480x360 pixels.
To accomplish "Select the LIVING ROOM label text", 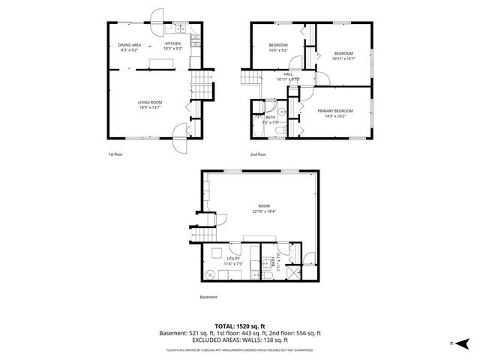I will coord(150,102).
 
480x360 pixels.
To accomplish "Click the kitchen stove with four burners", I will coord(193,43).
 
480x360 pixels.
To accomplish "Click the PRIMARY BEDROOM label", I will coord(334,111).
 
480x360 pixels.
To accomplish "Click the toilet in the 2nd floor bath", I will coord(278,131).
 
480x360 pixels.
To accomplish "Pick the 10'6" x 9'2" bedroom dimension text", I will coord(278,50).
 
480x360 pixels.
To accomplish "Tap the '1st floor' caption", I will coord(115,154).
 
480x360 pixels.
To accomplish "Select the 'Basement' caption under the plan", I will coord(208,297).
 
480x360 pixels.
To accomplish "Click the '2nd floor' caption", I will coord(259,154).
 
